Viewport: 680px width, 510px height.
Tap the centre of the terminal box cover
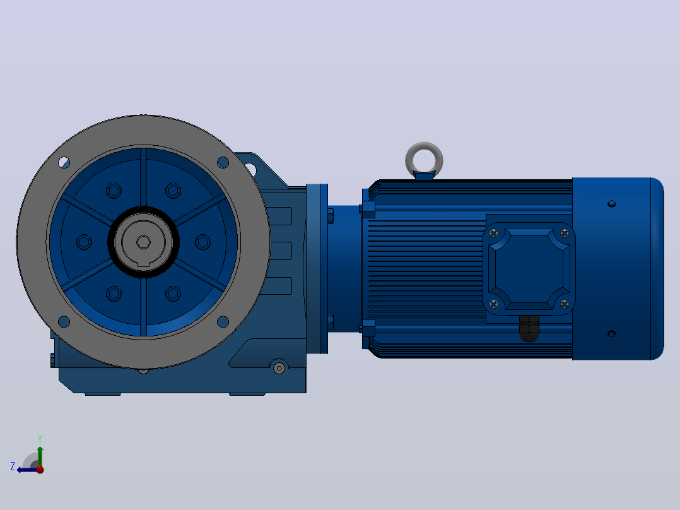(529, 269)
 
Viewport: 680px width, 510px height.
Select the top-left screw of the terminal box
(493, 234)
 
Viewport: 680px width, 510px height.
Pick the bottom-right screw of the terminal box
(564, 304)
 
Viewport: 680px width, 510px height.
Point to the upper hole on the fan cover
(611, 204)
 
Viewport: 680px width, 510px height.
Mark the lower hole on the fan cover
(611, 333)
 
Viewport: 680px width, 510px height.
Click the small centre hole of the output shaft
(144, 242)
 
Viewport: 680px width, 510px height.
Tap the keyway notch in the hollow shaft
(143, 263)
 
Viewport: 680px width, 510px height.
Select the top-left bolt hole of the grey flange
(64, 163)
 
